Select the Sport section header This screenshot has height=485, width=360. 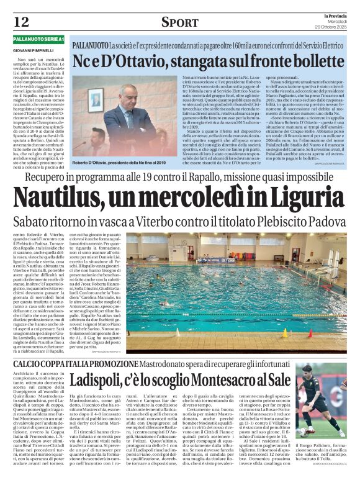pyautogui.click(x=179, y=22)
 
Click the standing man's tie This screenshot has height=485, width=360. pyautogui.click(x=132, y=122)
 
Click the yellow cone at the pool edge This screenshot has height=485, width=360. pyautogui.click(x=284, y=333)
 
